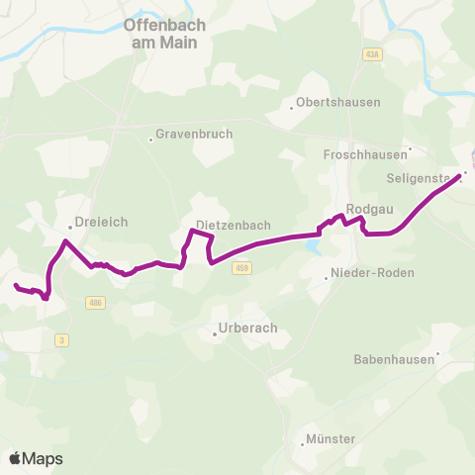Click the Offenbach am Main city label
click(163, 35)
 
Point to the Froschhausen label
click(365, 155)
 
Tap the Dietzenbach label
click(234, 226)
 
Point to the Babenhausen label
click(394, 359)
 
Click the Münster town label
click(331, 437)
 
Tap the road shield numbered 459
click(243, 267)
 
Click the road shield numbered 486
click(94, 302)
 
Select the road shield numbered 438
click(371, 53)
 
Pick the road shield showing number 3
click(62, 340)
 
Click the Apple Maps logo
click(36, 458)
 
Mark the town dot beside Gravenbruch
click(150, 140)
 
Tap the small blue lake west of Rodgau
click(314, 244)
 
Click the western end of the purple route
click(16, 286)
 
